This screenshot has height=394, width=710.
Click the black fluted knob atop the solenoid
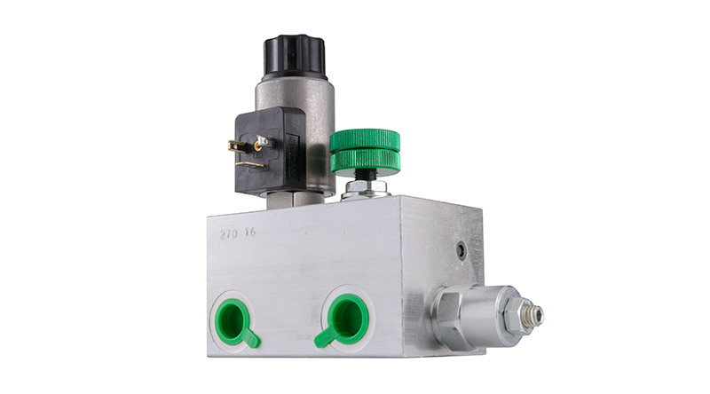(x=294, y=56)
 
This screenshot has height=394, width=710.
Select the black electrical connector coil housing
(x=270, y=151)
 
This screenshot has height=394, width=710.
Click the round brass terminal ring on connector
(x=258, y=146)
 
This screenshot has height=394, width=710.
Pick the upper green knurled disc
(x=365, y=140)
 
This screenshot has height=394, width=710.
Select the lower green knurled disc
(x=365, y=162)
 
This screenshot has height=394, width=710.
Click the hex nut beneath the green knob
(x=366, y=188)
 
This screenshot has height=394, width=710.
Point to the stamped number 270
(x=229, y=234)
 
